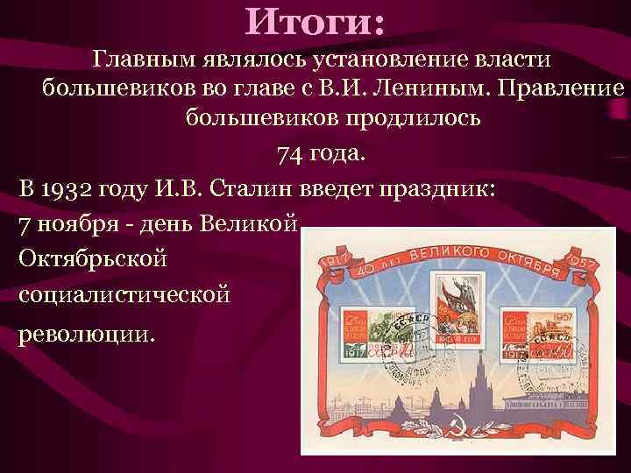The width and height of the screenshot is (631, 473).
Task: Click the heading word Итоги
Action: (315, 21)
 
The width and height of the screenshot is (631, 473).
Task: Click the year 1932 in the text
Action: (67, 188)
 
